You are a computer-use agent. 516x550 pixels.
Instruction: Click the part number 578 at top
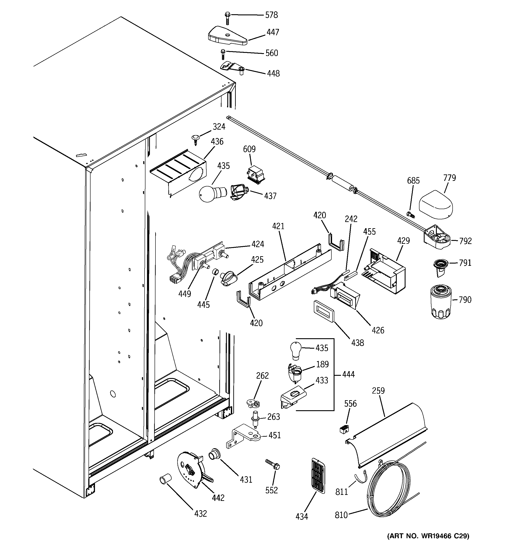(x=271, y=15)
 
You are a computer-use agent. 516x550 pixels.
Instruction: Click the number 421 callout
(x=278, y=226)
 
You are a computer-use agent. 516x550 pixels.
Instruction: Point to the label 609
(x=249, y=149)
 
